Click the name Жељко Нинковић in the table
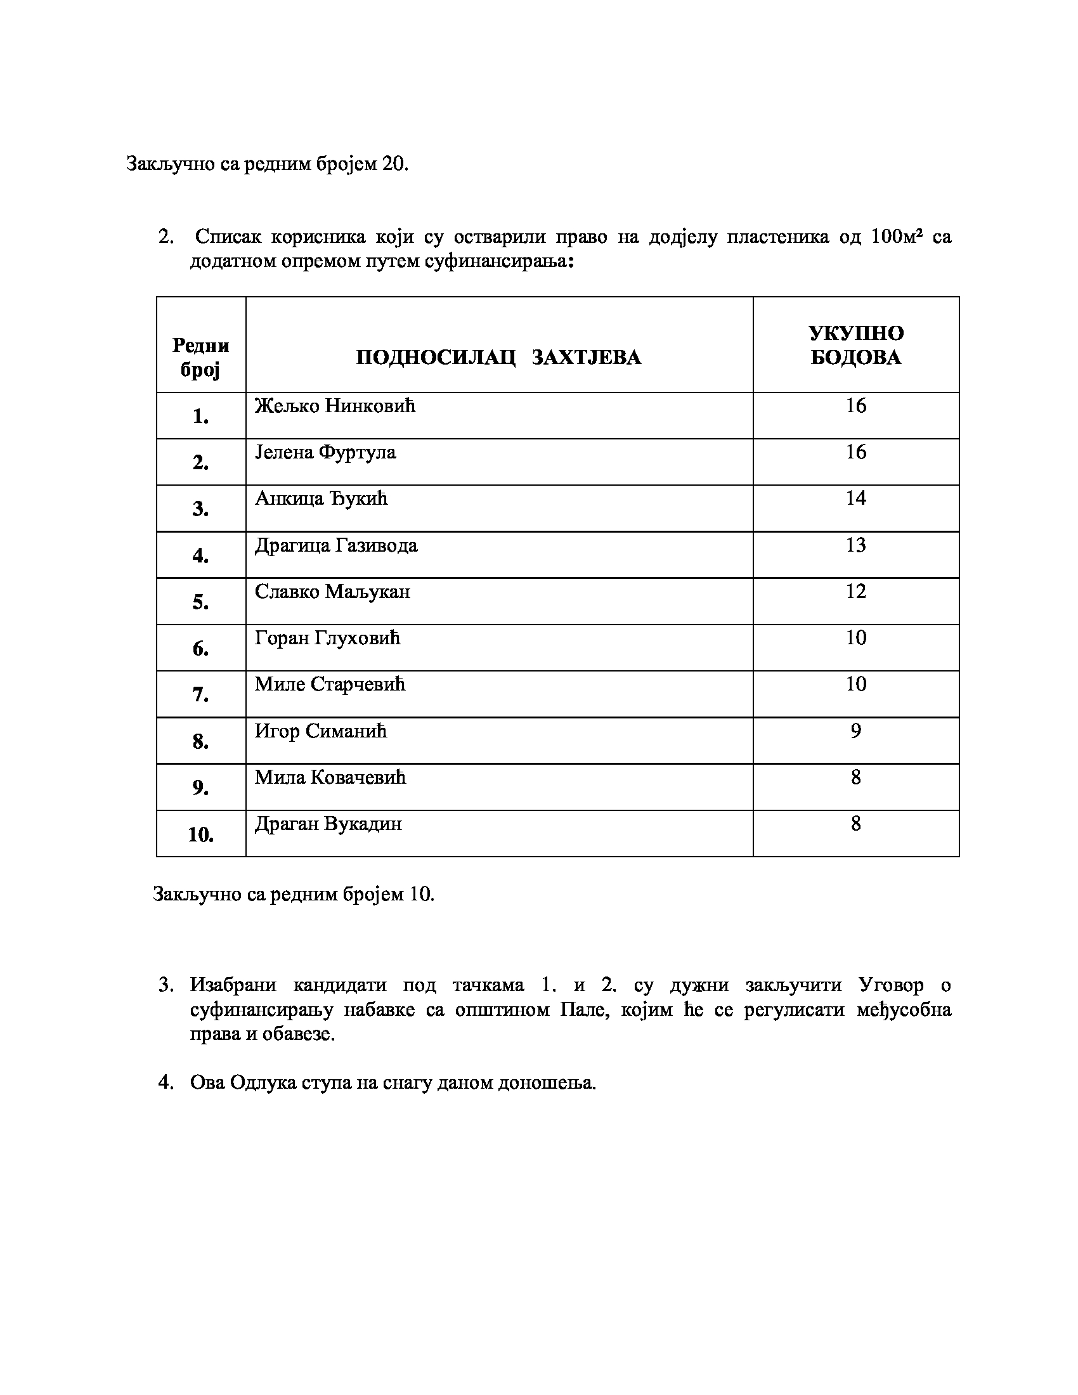click(x=335, y=406)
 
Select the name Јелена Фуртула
click(x=325, y=452)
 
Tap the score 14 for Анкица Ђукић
click(x=855, y=498)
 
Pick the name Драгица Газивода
click(x=336, y=545)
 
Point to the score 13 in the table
click(x=855, y=545)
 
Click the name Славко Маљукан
click(x=332, y=592)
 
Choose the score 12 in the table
click(x=855, y=592)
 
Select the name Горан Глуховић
click(x=327, y=638)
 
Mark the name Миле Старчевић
click(x=330, y=685)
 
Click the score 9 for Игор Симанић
click(x=855, y=730)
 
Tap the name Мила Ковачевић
click(x=330, y=777)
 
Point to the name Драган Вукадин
click(x=328, y=824)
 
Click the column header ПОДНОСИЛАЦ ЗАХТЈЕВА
click(x=498, y=357)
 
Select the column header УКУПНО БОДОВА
click(x=856, y=345)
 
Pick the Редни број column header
click(x=200, y=357)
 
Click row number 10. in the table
click(x=200, y=834)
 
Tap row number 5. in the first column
click(x=200, y=602)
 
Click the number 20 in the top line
click(x=394, y=164)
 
